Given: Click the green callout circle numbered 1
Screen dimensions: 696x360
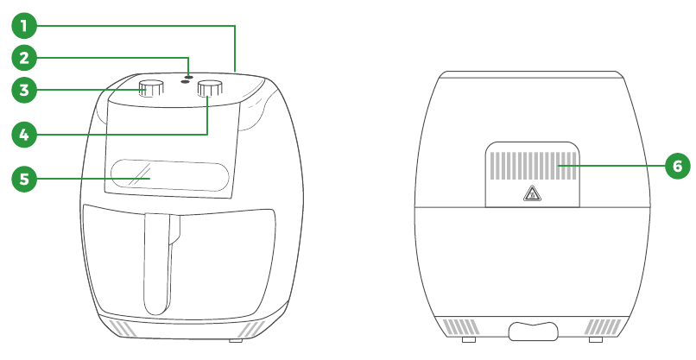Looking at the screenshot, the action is click(x=24, y=26).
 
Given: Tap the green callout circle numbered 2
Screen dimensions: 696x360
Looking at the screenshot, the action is click(x=24, y=58).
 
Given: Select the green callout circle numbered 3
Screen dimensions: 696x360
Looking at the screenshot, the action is click(x=24, y=90).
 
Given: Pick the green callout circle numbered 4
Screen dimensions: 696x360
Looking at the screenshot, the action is click(x=24, y=135).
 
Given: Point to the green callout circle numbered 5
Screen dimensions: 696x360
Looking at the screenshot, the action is click(x=24, y=179).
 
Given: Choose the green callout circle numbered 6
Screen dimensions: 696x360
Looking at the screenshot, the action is click(x=678, y=166).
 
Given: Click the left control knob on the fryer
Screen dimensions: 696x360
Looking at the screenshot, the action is click(x=151, y=88).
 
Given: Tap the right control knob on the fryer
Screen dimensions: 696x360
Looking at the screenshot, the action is click(x=210, y=88).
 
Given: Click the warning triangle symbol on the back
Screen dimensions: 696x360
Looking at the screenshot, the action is click(x=532, y=193).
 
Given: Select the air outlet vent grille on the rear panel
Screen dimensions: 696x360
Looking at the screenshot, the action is click(x=533, y=166).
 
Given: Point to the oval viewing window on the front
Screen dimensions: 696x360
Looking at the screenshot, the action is click(x=170, y=175).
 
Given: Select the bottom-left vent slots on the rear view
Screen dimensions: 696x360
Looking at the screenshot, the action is click(x=461, y=326).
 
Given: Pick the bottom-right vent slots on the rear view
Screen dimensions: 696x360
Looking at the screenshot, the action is click(x=603, y=326).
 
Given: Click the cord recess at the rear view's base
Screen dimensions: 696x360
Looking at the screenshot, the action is click(x=533, y=332).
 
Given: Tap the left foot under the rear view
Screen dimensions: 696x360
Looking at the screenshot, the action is click(x=469, y=339).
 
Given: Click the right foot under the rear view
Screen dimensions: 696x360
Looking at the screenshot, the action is click(x=596, y=339).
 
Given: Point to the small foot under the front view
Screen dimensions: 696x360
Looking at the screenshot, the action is click(x=236, y=340).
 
